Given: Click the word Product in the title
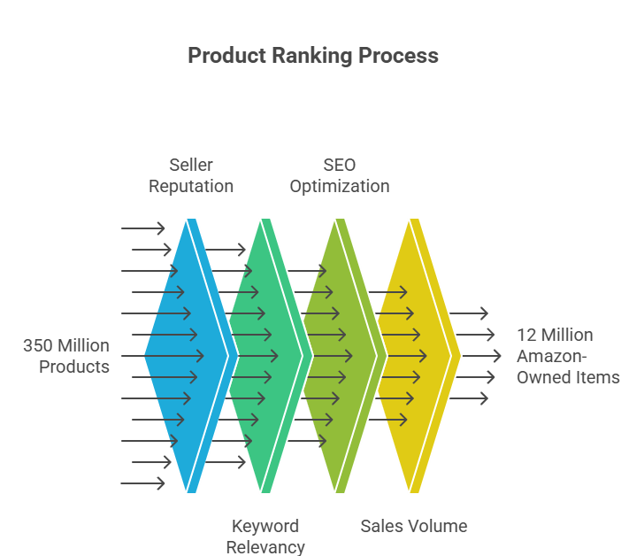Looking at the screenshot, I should click(225, 56).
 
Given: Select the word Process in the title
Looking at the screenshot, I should click(398, 56).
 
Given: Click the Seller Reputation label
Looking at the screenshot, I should click(191, 175).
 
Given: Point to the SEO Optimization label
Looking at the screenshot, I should click(340, 175).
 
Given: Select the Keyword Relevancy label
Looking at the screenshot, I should click(265, 537).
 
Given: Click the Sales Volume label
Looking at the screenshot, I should click(414, 526).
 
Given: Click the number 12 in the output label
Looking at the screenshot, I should click(526, 336).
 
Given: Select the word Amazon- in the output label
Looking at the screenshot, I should click(553, 356).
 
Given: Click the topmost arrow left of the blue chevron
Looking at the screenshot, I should click(143, 228).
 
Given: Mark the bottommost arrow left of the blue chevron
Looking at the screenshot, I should click(143, 483).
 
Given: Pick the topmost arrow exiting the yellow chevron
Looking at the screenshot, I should click(469, 313).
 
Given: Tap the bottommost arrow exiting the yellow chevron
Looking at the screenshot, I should click(469, 398).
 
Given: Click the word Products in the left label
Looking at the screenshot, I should click(74, 367).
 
